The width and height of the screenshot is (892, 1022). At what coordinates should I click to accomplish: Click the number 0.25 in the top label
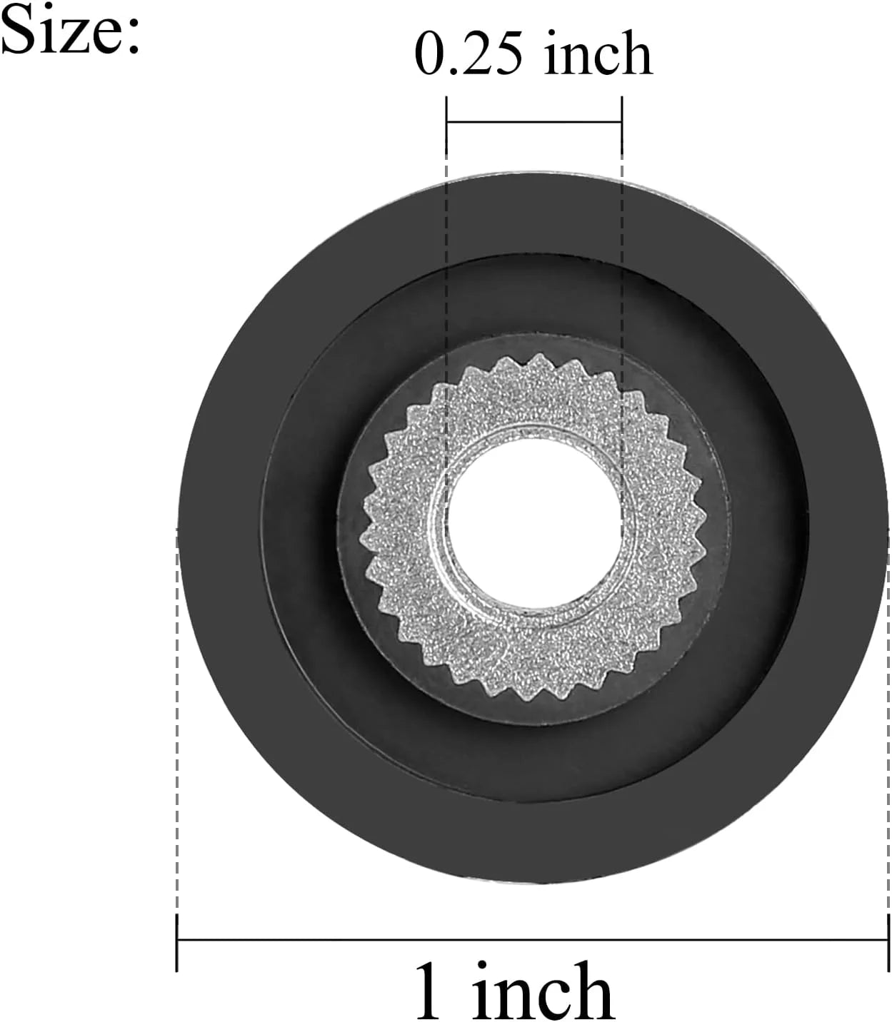[468, 54]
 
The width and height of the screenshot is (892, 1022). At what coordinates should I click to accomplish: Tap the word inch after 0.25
[598, 52]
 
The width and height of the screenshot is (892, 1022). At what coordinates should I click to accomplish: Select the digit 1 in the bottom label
[429, 991]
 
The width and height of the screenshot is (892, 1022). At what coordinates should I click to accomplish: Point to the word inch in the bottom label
[543, 988]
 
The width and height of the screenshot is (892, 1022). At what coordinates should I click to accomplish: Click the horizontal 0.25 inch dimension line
[533, 121]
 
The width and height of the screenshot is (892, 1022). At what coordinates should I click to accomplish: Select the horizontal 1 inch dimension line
[533, 940]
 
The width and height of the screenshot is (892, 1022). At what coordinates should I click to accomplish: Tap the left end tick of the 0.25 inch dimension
[446, 125]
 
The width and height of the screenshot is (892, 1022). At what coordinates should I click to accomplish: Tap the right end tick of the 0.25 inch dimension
[622, 125]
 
